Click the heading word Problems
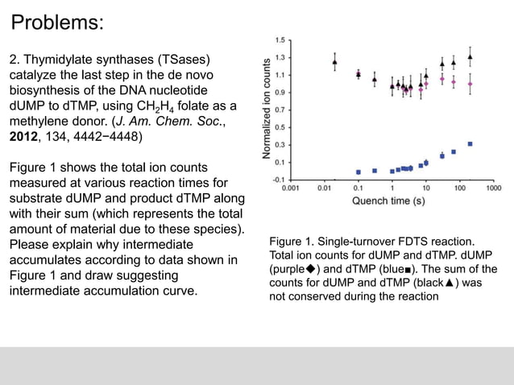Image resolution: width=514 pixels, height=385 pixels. pos(57,22)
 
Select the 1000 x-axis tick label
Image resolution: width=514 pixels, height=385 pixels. pos(494,188)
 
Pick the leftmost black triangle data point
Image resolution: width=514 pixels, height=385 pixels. pos(334,61)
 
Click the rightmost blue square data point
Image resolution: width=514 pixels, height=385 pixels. pos(470,144)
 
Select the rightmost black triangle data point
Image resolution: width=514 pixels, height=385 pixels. pos(470,56)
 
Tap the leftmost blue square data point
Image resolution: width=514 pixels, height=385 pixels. pos(358,172)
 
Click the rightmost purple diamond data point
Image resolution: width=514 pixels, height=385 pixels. pos(470,83)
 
